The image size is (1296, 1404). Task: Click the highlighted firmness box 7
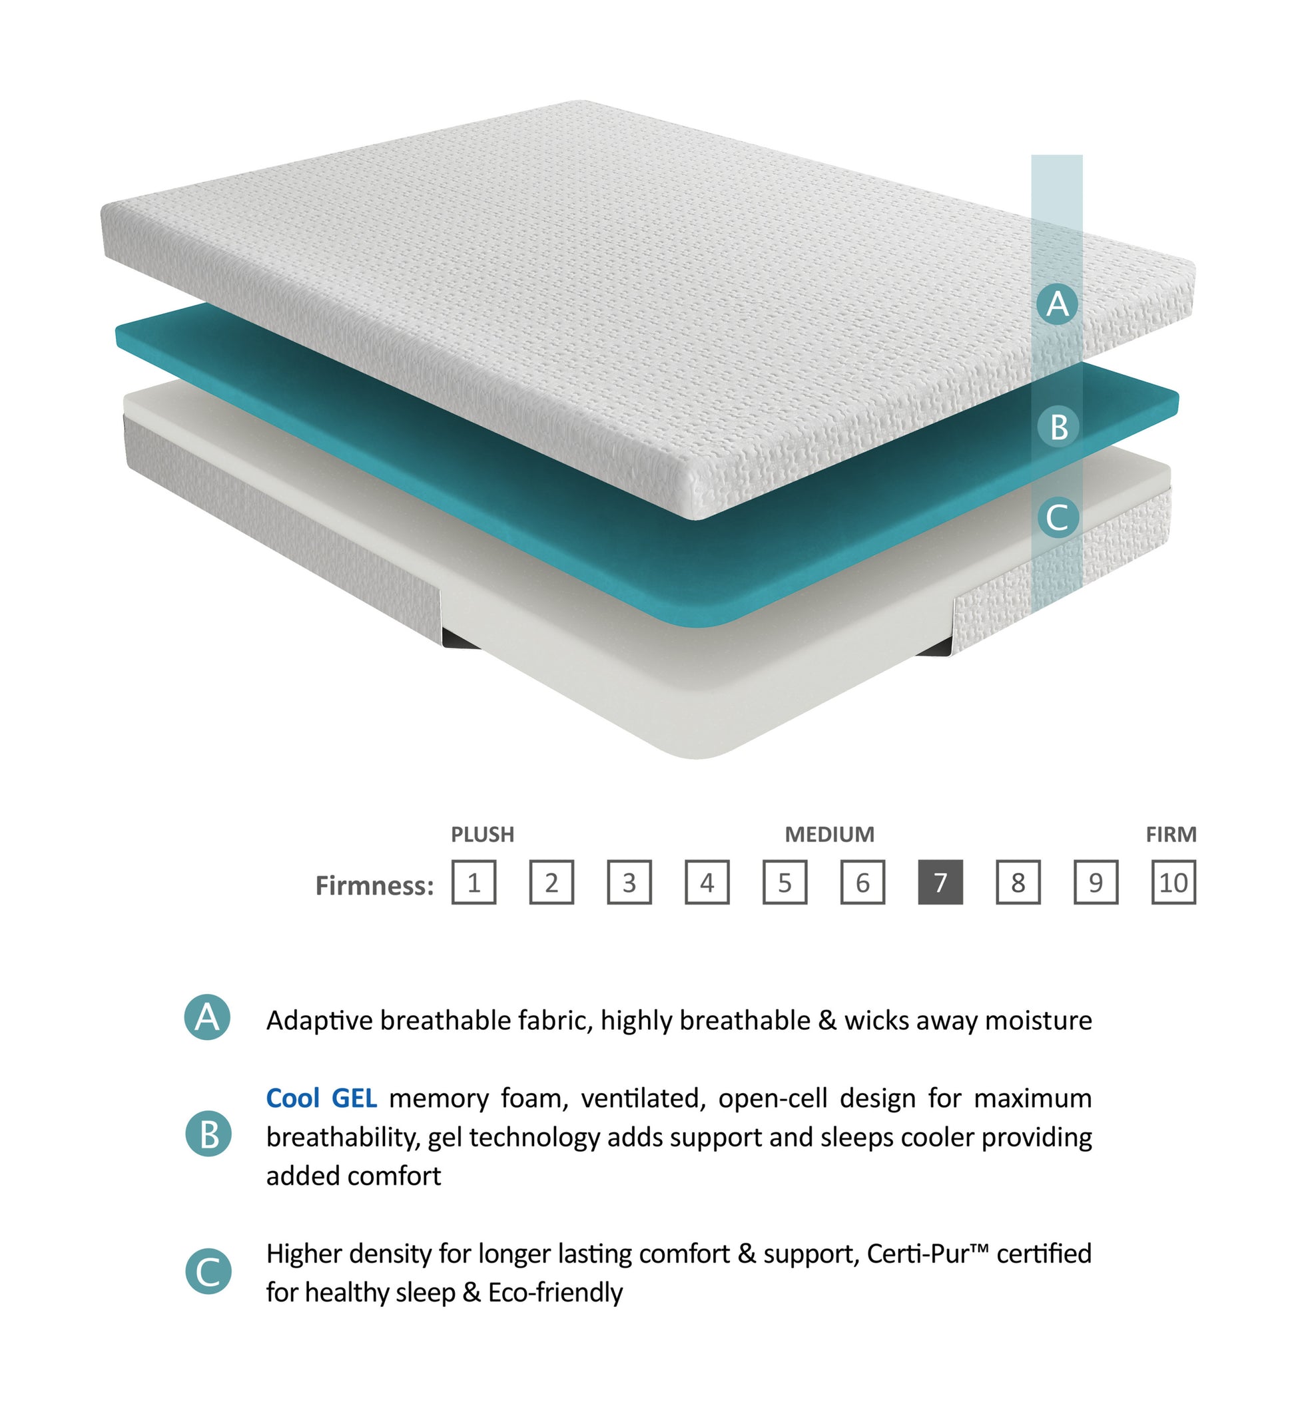pos(940,882)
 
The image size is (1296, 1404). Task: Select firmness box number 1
pos(474,882)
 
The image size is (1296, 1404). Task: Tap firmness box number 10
pos(1173,882)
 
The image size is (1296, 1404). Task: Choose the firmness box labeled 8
pos(1018,882)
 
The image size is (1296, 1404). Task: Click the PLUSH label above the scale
pos(482,834)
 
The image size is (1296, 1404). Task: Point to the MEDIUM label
pos(830,834)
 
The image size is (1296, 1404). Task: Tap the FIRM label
pos(1171,834)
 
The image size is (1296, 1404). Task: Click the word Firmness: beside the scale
pos(374,885)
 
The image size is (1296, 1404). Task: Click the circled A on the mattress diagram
pos(1058,304)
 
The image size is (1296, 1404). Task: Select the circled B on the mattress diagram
pos(1058,426)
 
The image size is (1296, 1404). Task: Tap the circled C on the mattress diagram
pos(1058,517)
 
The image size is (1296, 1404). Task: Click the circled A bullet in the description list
pos(207,1017)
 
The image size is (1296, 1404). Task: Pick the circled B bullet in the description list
pos(208,1134)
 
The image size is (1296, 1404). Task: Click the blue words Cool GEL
pos(321,1098)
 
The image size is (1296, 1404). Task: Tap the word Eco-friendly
pos(555,1292)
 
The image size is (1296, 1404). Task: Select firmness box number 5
pos(785,882)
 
